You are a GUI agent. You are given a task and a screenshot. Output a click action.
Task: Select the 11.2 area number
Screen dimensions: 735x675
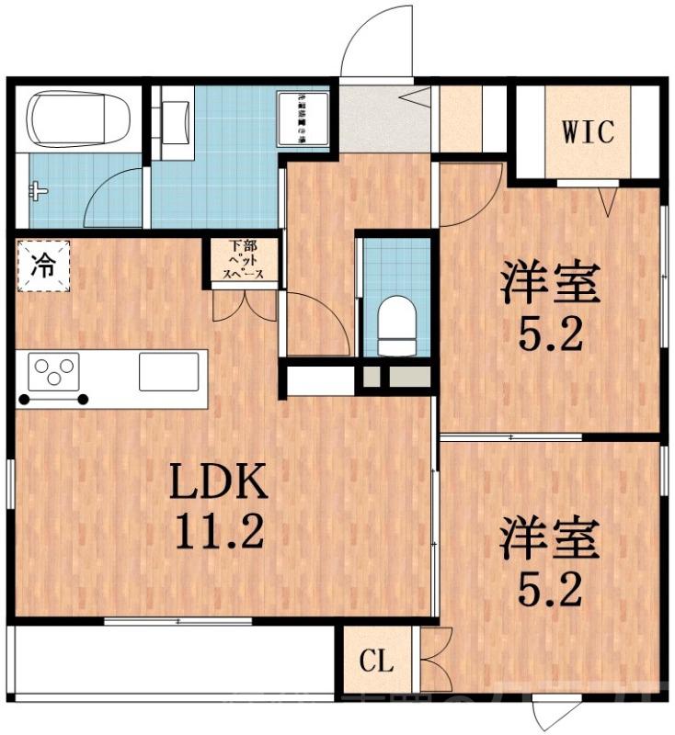(217, 530)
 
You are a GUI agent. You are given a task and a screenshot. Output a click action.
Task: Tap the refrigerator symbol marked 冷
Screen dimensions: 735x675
(42, 266)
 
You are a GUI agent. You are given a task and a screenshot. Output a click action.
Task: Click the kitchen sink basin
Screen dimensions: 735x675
(168, 372)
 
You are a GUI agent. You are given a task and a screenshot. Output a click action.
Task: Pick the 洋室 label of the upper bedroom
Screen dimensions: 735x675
(550, 285)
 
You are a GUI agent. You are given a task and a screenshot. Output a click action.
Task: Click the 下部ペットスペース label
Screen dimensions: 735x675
(244, 261)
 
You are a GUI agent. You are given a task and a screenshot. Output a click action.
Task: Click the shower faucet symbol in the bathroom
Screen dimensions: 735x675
(38, 192)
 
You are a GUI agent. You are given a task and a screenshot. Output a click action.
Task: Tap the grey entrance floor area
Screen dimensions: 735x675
(383, 119)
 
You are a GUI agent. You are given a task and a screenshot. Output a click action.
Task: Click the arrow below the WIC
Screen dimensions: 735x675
(606, 199)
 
